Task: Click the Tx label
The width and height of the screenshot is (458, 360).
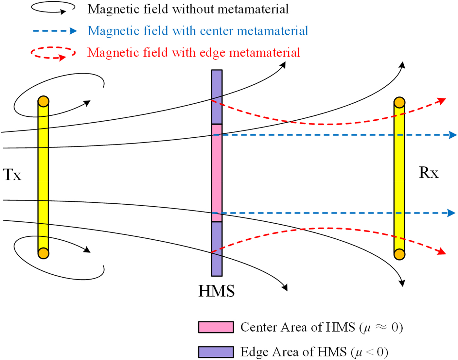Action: coord(12,175)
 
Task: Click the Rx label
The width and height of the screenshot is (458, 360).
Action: coord(429,173)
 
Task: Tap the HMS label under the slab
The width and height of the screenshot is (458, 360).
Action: coord(217,291)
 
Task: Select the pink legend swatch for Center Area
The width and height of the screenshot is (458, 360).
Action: coord(216,327)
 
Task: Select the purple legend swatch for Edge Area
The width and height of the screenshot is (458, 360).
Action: coord(216,352)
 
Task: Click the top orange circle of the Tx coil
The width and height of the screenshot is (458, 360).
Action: coord(43,101)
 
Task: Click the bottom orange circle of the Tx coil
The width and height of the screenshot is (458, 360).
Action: coord(43,253)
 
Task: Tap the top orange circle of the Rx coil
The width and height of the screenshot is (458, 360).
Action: coord(399,102)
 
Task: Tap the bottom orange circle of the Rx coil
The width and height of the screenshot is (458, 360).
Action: coord(399,254)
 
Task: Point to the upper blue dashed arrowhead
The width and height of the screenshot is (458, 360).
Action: coord(453,135)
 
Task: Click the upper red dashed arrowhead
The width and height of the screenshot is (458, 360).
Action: coord(442,101)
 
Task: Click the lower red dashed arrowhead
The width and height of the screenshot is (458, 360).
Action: coord(442,251)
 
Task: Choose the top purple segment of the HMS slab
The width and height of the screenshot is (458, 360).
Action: coord(217,97)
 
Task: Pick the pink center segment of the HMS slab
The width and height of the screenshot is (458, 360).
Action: coord(217,173)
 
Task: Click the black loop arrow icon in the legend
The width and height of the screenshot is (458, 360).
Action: coord(53,8)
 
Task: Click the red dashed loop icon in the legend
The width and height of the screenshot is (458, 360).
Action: coord(53,53)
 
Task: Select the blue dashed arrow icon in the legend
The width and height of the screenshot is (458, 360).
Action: coord(55,31)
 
